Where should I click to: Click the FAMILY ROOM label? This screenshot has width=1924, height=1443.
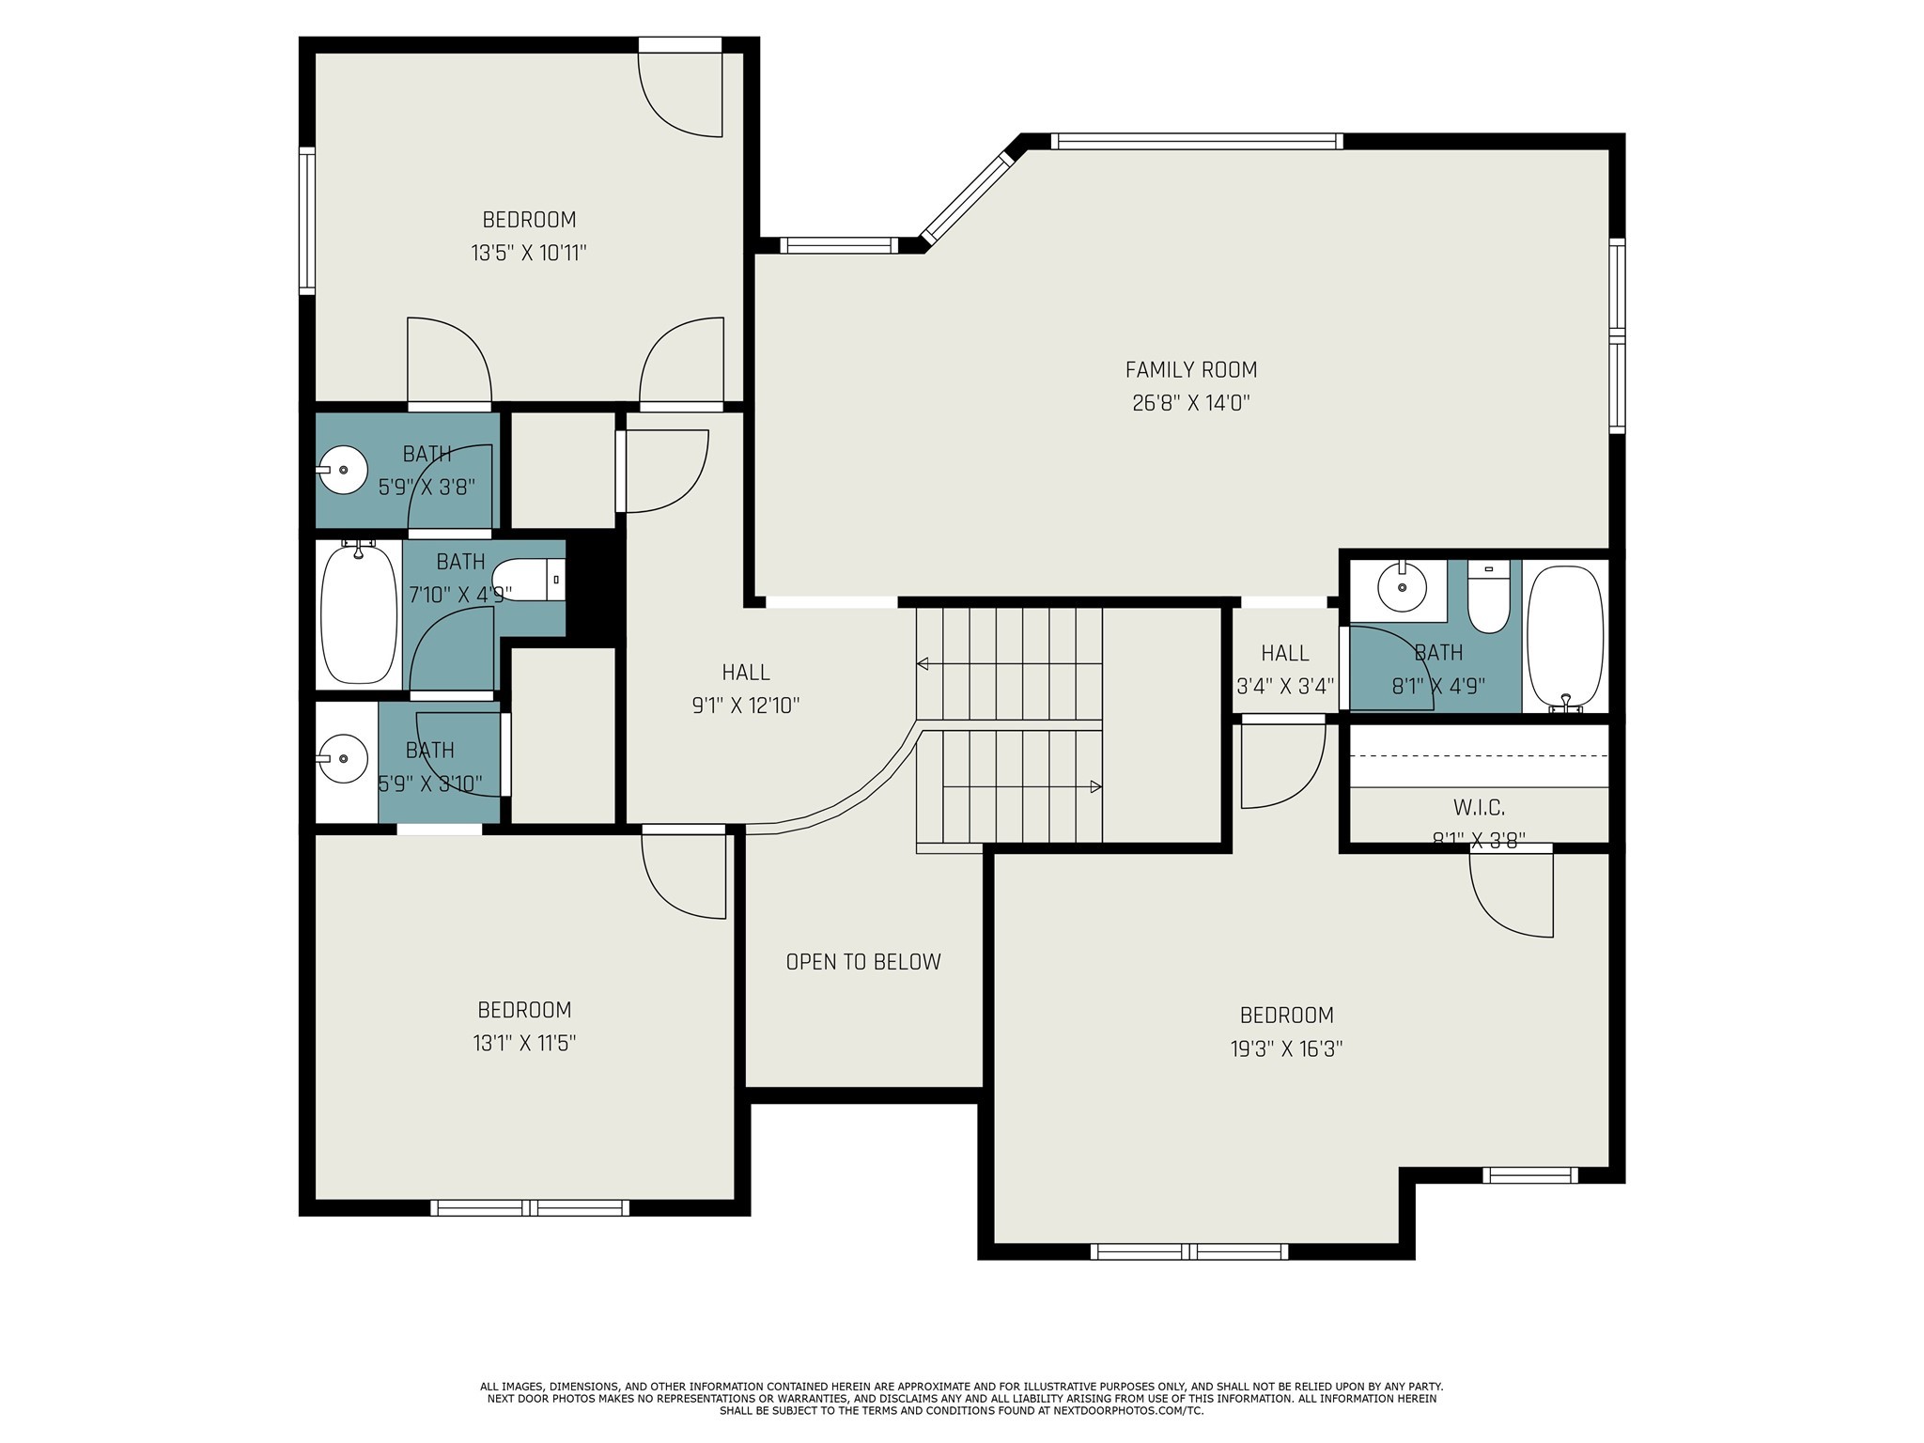(x=1190, y=370)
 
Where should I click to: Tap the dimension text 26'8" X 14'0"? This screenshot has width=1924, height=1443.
(x=1190, y=403)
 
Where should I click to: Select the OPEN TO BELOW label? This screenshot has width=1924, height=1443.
(x=862, y=962)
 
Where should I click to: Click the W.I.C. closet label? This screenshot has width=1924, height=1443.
(x=1479, y=807)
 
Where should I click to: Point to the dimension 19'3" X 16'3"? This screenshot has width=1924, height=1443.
(x=1286, y=1048)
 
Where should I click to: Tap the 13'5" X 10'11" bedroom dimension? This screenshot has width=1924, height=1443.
(x=529, y=253)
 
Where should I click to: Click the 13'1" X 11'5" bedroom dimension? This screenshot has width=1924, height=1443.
(x=524, y=1043)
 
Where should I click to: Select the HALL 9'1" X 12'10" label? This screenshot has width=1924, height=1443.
(x=746, y=689)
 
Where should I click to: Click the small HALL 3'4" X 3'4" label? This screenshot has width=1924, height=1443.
(x=1284, y=669)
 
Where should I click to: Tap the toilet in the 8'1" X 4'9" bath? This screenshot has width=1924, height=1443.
(x=1488, y=599)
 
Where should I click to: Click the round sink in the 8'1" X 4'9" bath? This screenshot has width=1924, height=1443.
(x=1402, y=588)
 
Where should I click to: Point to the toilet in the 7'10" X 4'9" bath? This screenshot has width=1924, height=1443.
(x=526, y=581)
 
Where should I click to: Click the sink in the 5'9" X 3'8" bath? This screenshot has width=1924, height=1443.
(x=343, y=469)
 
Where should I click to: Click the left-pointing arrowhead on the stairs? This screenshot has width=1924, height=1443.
(x=923, y=664)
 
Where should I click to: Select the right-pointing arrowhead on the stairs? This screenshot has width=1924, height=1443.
(x=1095, y=786)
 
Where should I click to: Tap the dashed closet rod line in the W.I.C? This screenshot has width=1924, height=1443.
(x=1479, y=754)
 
